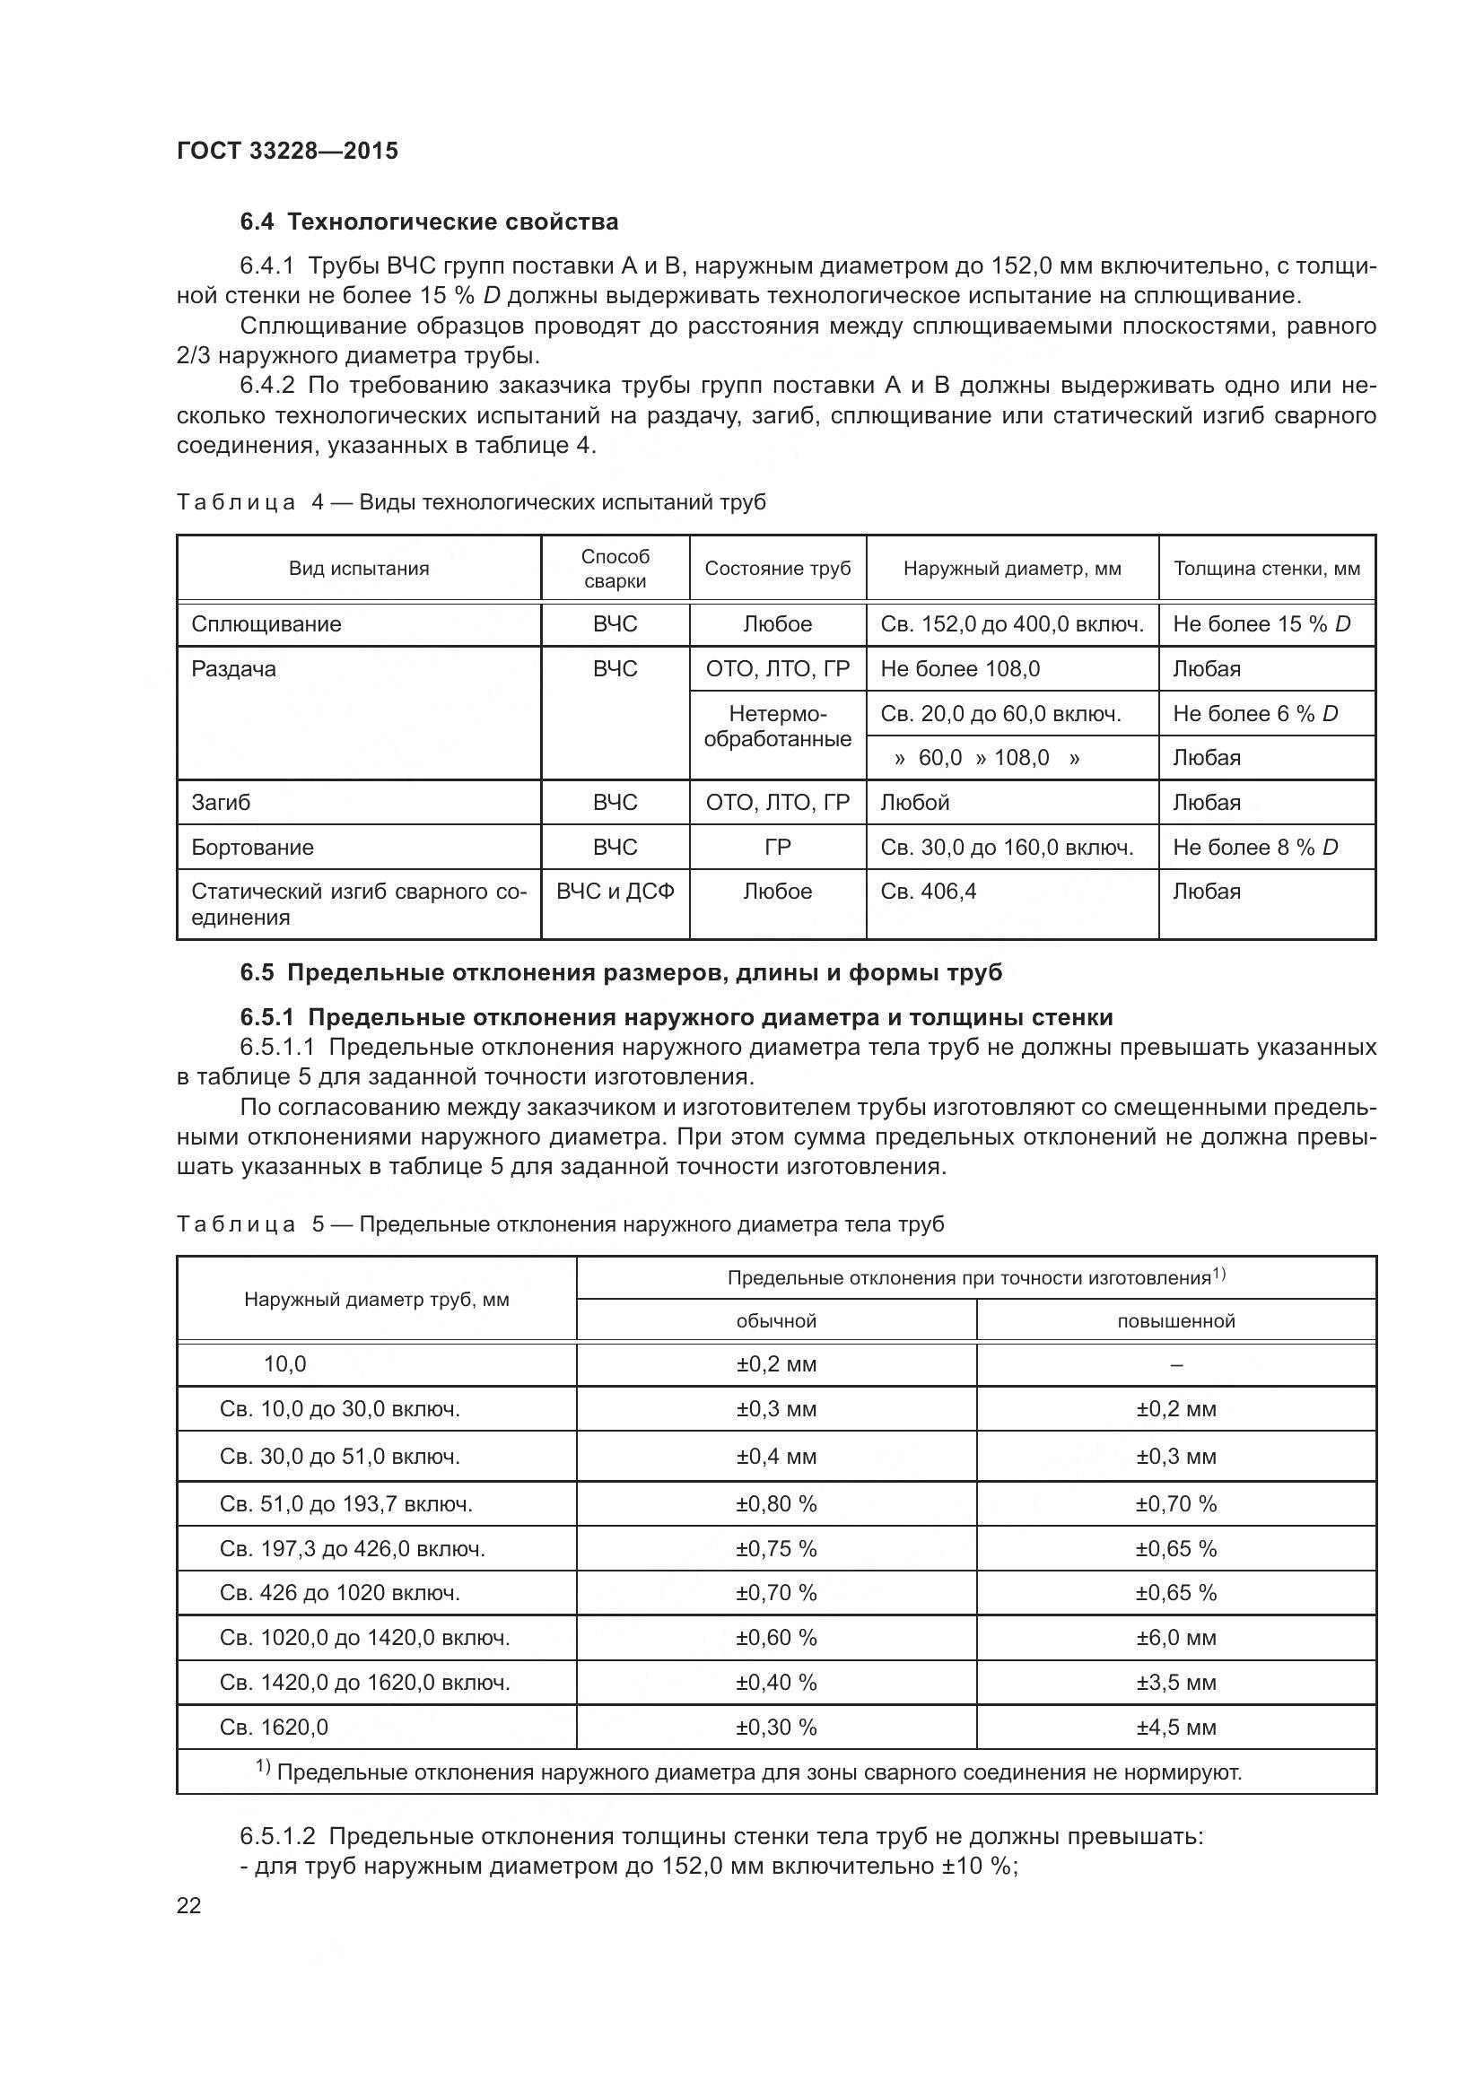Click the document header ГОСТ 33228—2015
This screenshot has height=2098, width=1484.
tap(287, 151)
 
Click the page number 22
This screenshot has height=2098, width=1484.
tap(188, 1905)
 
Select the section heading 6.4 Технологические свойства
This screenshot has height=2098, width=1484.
tap(429, 222)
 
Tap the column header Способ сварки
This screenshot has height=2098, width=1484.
tap(615, 569)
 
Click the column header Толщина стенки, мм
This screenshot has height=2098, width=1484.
tap(1266, 569)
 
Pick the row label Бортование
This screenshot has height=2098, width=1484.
tap(252, 847)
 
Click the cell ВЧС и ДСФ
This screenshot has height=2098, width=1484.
tap(615, 891)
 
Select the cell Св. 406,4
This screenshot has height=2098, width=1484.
tap(928, 891)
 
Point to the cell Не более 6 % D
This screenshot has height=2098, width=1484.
tap(1254, 714)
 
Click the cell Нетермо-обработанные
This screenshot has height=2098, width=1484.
tap(777, 727)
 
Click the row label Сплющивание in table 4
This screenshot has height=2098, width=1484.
tap(266, 624)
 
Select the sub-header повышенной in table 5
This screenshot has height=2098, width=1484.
tap(1175, 1321)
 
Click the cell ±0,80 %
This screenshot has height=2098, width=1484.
tap(776, 1504)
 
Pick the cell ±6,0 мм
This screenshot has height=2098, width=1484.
tap(1175, 1638)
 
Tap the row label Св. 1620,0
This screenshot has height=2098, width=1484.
tap(274, 1727)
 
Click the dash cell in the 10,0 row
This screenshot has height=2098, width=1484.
tap(1175, 1365)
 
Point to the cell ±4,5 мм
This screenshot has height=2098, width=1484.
tap(1175, 1727)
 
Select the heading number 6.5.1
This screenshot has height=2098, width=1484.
tap(269, 1017)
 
